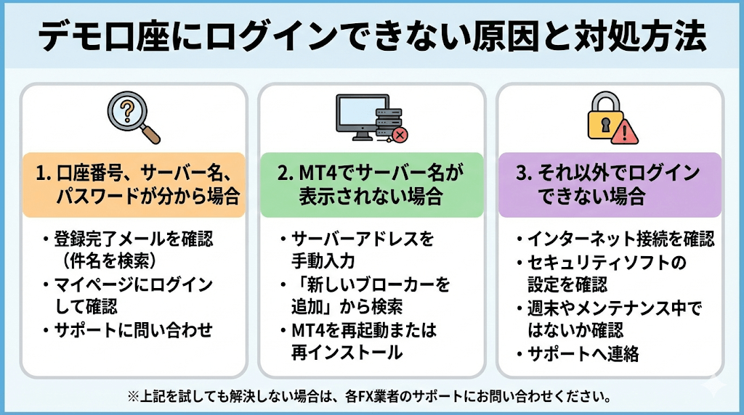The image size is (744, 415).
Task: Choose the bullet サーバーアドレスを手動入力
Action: coord(361,249)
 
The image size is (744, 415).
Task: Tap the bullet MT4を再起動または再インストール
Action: coord(363,341)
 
